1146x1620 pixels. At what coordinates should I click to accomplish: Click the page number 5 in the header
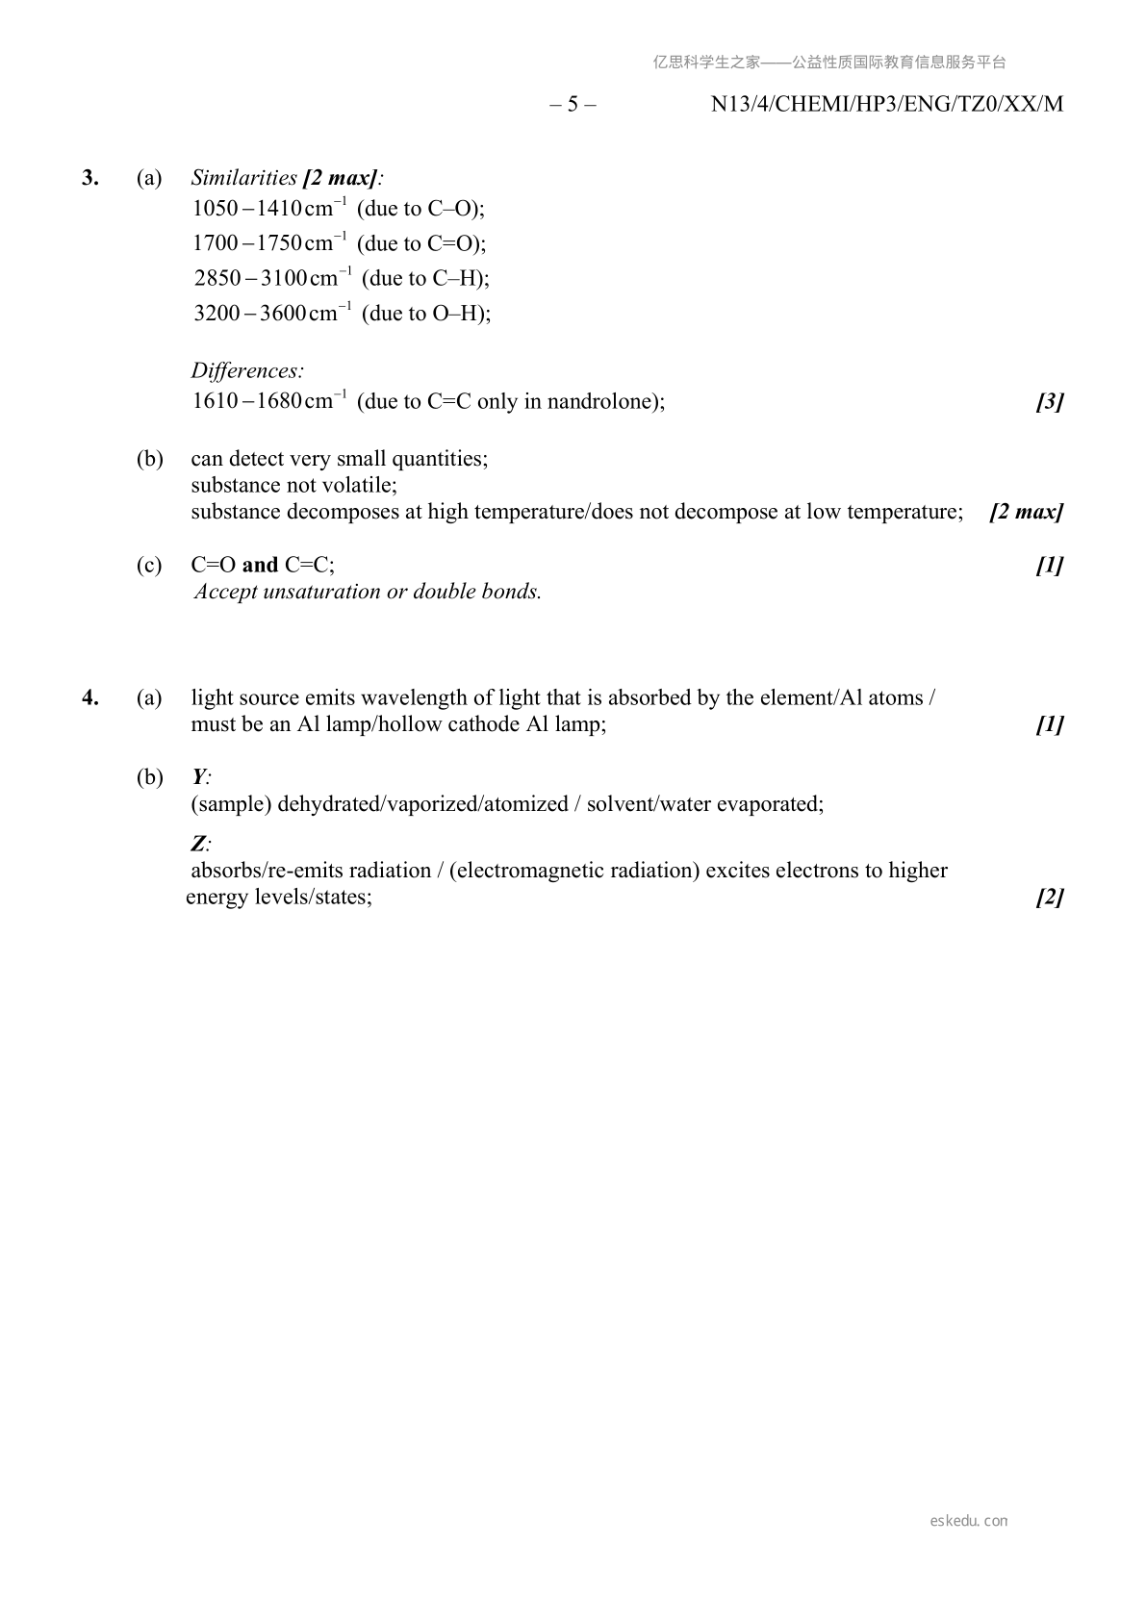pos(573,104)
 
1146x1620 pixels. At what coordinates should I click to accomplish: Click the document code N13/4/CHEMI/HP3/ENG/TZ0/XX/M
pos(886,104)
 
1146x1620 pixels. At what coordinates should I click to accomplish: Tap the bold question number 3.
pos(89,177)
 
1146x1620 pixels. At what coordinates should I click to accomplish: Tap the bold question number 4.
pos(89,697)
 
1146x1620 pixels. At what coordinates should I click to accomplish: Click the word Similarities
pos(243,177)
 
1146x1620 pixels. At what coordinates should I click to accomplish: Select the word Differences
pos(247,370)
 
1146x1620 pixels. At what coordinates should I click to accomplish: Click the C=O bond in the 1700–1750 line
pos(453,243)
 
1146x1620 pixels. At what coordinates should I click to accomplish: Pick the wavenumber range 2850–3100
pos(250,279)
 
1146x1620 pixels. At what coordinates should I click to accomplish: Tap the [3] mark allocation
pos(1050,402)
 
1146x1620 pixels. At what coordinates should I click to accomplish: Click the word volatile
pos(361,485)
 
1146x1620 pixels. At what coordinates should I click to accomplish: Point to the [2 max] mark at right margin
pos(1026,512)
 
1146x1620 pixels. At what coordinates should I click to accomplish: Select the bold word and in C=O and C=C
pos(260,565)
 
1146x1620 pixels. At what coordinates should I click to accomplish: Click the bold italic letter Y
pos(198,777)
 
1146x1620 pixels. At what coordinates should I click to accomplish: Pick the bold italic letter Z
pos(198,844)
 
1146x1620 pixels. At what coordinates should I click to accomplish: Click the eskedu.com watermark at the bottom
pos(968,1521)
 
